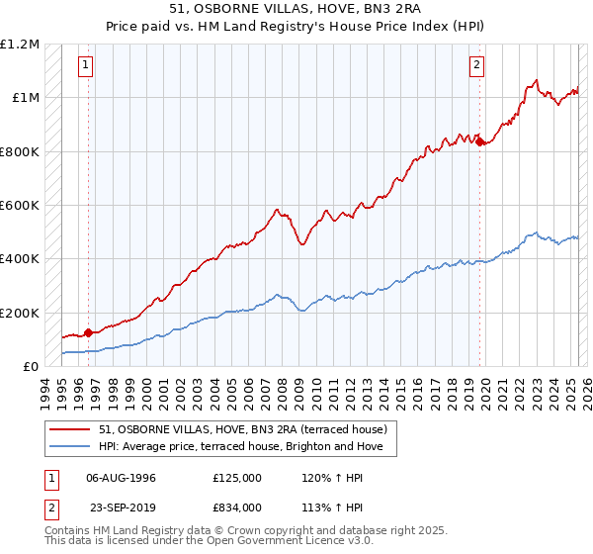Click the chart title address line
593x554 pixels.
296,11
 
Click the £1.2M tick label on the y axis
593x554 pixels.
20,45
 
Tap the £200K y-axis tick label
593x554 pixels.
20,313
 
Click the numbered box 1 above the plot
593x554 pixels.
87,66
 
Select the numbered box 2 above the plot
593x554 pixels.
476,66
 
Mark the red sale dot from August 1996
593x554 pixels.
88,332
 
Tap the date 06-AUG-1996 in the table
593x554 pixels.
122,478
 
